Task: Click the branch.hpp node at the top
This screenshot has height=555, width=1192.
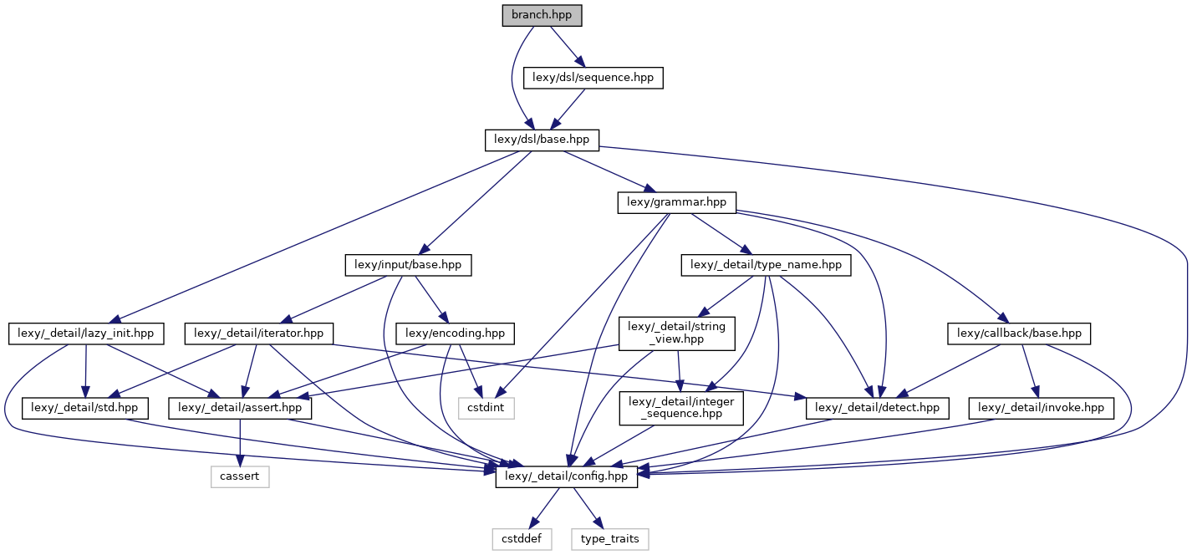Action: pos(542,15)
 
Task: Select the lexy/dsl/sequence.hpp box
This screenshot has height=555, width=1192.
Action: pos(593,78)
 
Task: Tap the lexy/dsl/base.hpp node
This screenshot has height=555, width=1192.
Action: pos(542,140)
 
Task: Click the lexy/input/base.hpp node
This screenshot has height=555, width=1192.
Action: pos(409,265)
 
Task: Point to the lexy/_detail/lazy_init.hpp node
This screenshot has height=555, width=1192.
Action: pos(87,334)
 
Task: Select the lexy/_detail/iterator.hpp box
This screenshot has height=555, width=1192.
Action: pos(258,334)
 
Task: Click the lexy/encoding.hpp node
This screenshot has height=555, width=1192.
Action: pos(456,334)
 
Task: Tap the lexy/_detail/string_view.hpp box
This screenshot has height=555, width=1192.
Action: pos(677,333)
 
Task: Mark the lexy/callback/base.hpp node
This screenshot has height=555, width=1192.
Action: pos(1019,334)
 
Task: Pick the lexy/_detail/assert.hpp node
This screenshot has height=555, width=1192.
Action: pos(241,408)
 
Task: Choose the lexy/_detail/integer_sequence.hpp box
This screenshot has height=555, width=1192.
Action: pos(681,408)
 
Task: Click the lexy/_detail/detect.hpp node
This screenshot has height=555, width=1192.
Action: pos(878,408)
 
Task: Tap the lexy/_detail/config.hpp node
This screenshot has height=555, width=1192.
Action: pos(567,476)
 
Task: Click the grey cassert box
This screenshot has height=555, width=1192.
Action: pos(239,476)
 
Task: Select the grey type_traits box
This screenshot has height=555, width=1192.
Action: pos(610,539)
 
